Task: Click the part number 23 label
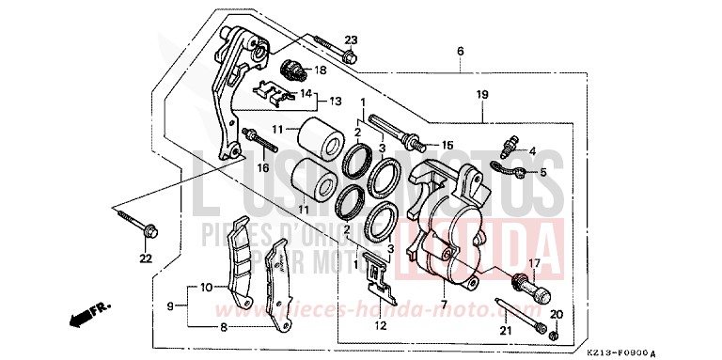pos(351,39)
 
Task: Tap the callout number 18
pos(320,70)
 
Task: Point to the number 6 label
pos(460,50)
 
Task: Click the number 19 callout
pos(482,95)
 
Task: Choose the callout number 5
pos(541,173)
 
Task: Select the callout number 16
pos(263,168)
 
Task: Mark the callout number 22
pos(145,258)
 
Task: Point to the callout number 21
pos(505,330)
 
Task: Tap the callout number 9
pos(171,306)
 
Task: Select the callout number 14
pos(305,93)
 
